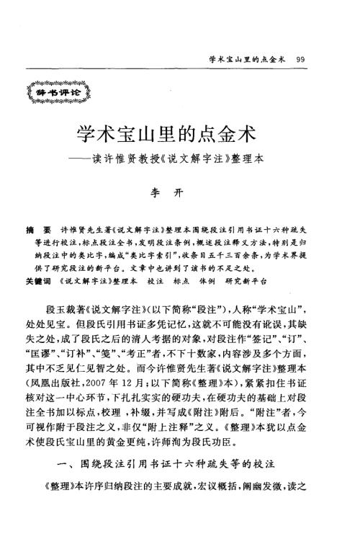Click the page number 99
(301, 58)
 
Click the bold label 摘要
(35, 225)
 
